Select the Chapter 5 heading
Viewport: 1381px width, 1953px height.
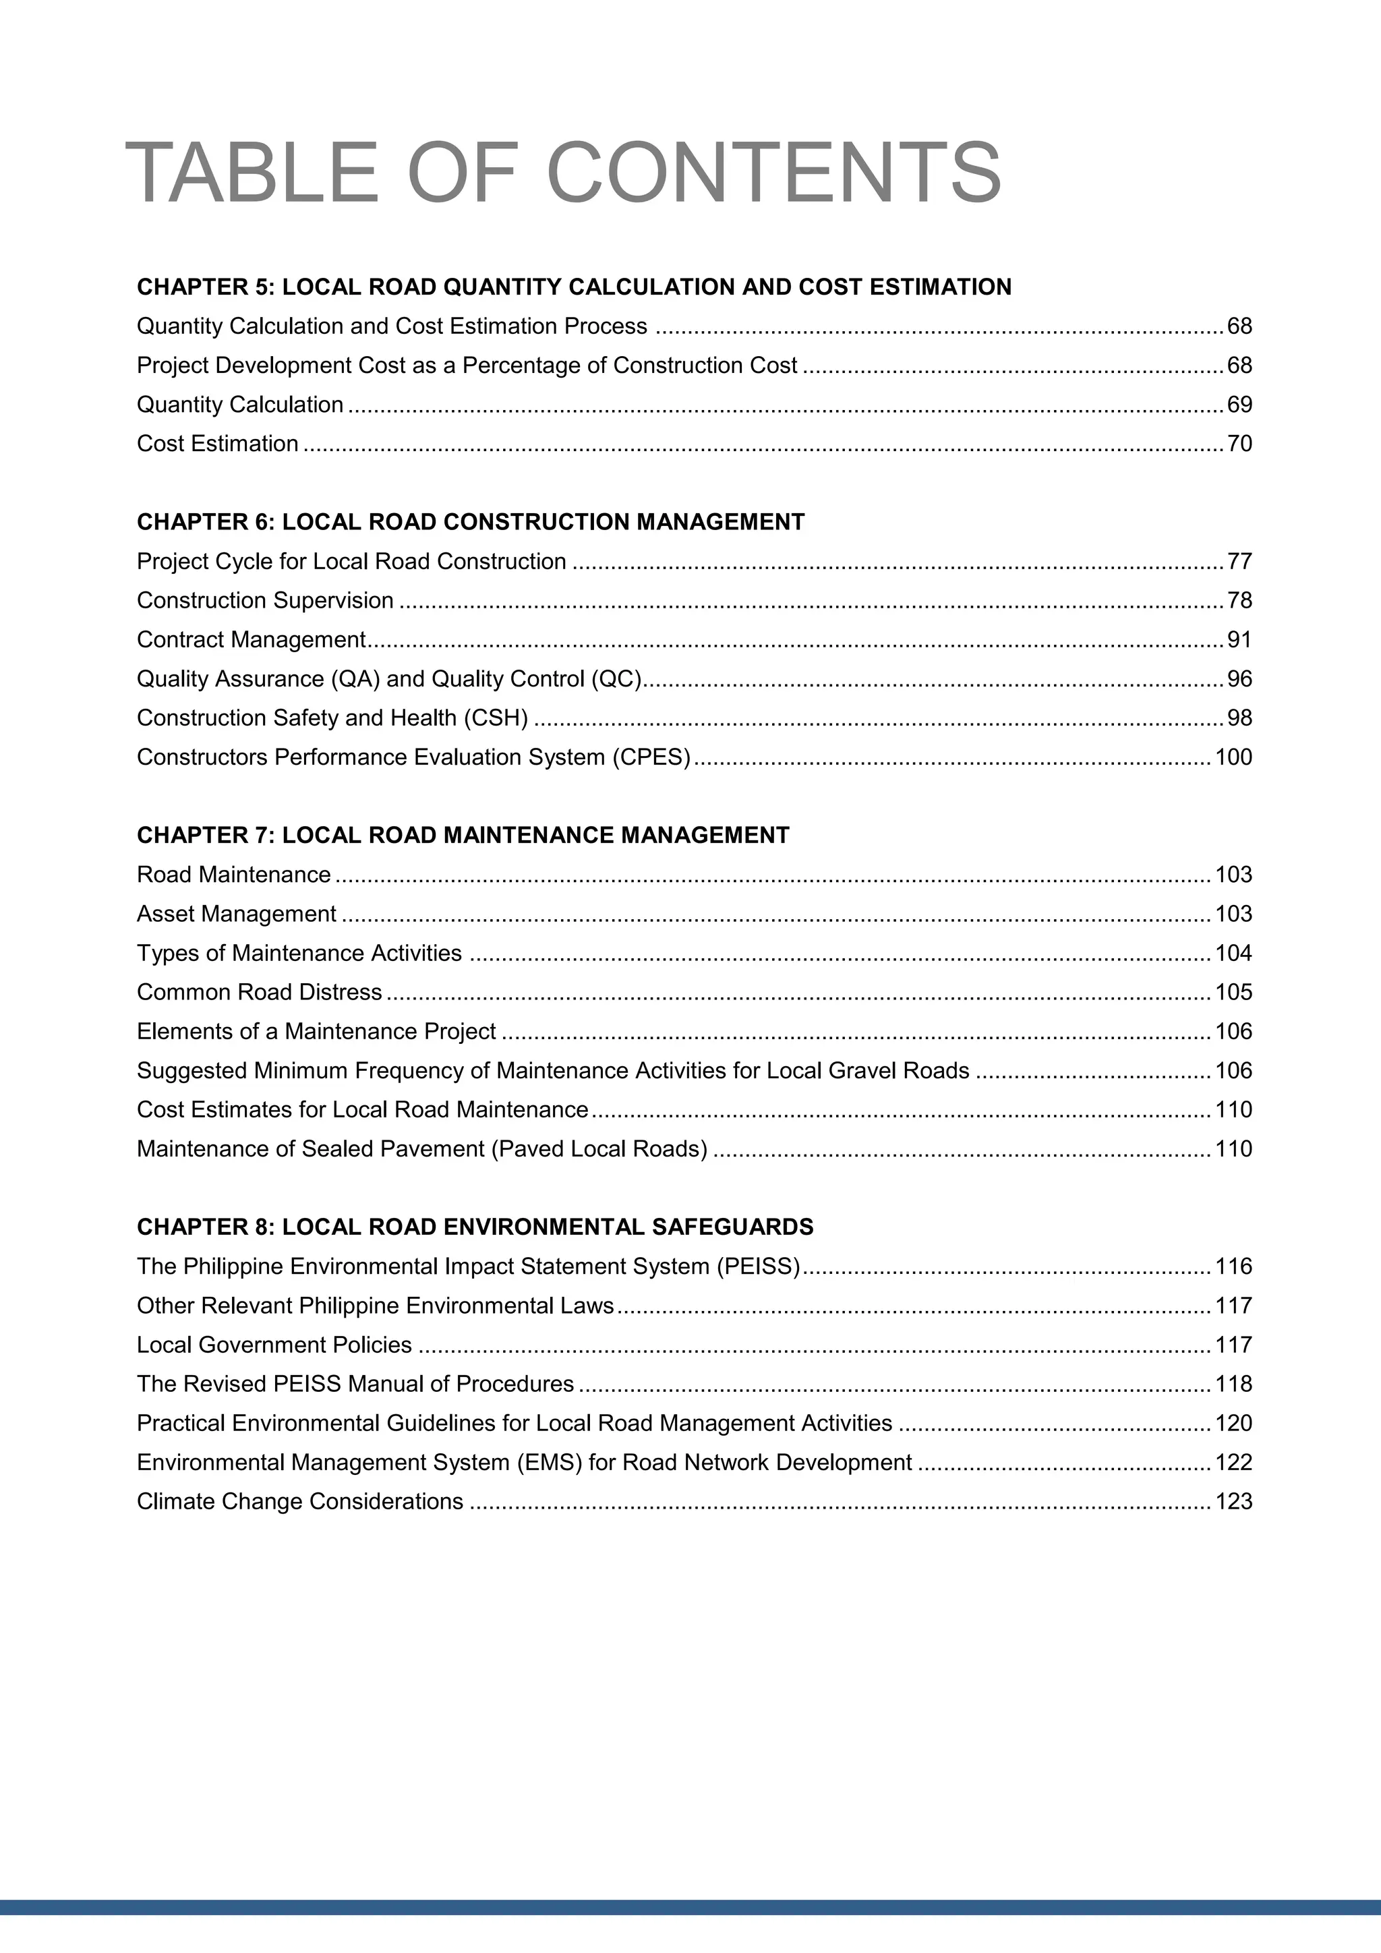click(574, 287)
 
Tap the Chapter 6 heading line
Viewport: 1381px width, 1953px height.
click(470, 521)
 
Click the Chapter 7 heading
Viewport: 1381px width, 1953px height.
click(463, 836)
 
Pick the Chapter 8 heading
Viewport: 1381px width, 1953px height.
click(475, 1227)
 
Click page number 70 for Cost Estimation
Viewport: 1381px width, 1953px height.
click(1239, 444)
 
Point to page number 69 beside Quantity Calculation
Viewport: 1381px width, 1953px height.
click(1239, 405)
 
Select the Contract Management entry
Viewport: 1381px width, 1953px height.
click(251, 640)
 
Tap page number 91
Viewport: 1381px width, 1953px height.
click(1239, 640)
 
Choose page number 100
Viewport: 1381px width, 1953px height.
click(1233, 757)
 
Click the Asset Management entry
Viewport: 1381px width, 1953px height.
click(237, 914)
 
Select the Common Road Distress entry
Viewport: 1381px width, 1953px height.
click(260, 993)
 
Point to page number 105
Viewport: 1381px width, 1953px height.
click(1233, 993)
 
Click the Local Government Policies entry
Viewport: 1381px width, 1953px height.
click(274, 1345)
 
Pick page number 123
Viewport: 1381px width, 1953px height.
click(1233, 1501)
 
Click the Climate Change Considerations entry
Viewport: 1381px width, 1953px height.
click(299, 1501)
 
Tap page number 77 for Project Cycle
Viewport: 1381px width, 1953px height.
click(1239, 561)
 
